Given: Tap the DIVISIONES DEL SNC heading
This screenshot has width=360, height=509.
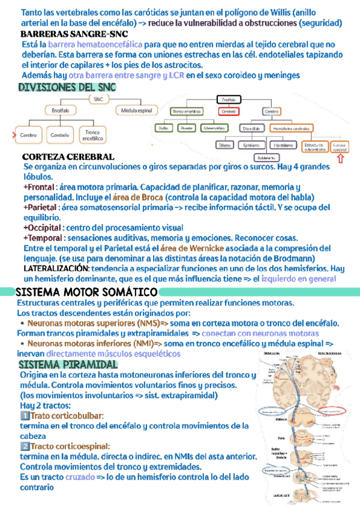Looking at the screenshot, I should pyautogui.click(x=67, y=88).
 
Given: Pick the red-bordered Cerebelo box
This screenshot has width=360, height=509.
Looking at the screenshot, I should pyautogui.click(x=229, y=111).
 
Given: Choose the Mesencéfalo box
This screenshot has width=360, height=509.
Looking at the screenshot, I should pyautogui.click(x=214, y=128).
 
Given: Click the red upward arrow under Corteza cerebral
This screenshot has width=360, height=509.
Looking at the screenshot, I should pyautogui.click(x=340, y=158).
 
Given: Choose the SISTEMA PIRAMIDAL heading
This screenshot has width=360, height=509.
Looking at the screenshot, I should pyautogui.click(x=67, y=365).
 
